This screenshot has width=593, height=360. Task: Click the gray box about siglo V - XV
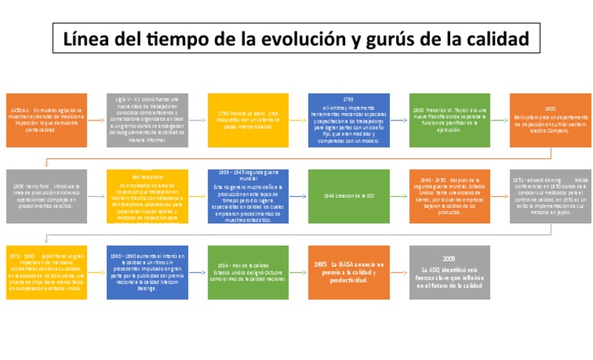(147, 121)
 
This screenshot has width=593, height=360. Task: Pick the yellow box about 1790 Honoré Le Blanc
(248, 121)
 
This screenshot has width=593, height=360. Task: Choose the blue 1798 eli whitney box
(348, 121)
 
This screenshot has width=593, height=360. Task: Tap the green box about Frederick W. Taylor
(449, 121)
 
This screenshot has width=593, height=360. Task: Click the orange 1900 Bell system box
(550, 121)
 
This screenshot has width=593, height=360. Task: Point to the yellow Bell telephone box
(147, 196)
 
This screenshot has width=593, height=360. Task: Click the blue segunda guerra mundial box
(248, 196)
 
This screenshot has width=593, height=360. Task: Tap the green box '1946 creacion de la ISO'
(348, 196)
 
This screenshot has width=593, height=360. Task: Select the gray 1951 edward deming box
(550, 196)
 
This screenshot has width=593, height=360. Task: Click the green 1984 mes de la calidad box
(248, 272)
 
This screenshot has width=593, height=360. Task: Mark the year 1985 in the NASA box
(321, 264)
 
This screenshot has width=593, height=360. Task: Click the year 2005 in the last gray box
(449, 258)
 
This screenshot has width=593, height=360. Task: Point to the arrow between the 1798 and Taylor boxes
(399, 121)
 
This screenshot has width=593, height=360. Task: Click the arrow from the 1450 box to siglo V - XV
(97, 121)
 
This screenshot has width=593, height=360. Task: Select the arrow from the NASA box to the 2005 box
(399, 272)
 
